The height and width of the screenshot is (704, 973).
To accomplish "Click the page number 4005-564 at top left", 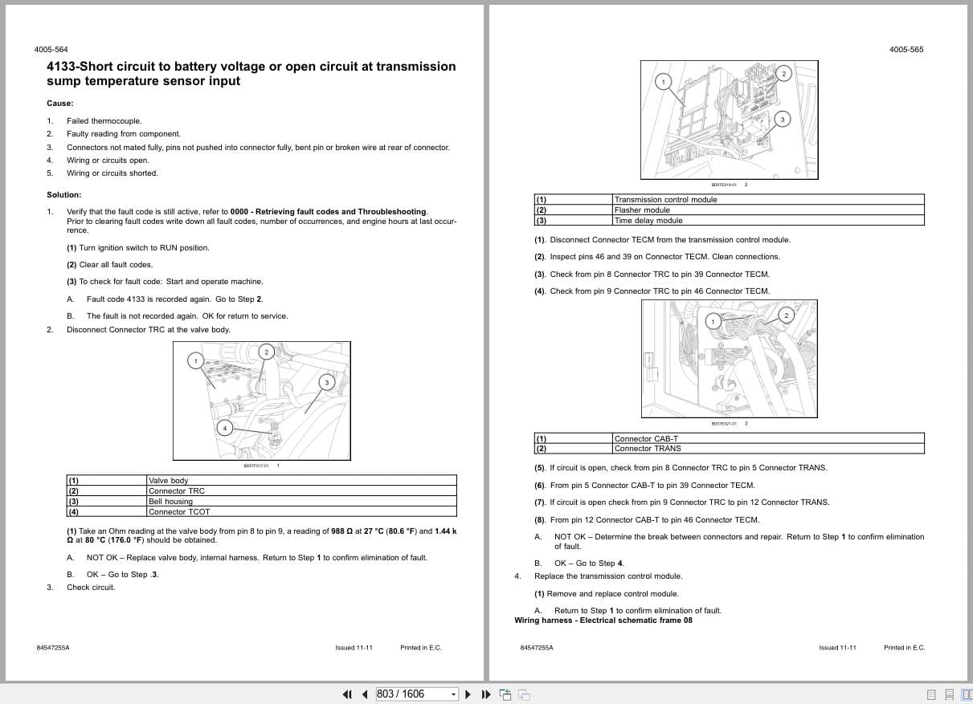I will pyautogui.click(x=51, y=50).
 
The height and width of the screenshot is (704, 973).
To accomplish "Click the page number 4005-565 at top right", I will pyautogui.click(x=906, y=50).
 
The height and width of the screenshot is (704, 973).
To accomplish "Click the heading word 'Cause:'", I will pyautogui.click(x=59, y=103).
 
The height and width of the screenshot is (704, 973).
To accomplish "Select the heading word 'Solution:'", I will pyautogui.click(x=63, y=195).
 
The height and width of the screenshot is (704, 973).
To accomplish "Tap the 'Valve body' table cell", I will pyautogui.click(x=168, y=480).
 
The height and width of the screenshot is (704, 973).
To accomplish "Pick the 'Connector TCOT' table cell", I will pyautogui.click(x=178, y=511).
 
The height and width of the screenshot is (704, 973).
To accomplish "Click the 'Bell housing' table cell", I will pyautogui.click(x=170, y=501).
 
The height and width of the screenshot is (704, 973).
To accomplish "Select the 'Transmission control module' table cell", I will pyautogui.click(x=664, y=199).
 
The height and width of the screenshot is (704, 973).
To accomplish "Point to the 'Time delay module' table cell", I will pyautogui.click(x=648, y=220).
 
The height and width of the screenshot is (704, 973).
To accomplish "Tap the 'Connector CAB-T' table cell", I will pyautogui.click(x=646, y=438).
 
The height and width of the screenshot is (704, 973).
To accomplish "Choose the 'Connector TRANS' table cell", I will pyautogui.click(x=647, y=448).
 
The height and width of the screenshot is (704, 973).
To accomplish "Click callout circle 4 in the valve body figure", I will pyautogui.click(x=224, y=428).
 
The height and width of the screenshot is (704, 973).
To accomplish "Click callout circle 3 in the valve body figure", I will pyautogui.click(x=326, y=382).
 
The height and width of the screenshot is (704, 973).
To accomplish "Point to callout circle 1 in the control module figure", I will pyautogui.click(x=663, y=81).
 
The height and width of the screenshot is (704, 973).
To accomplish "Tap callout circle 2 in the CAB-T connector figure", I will pyautogui.click(x=786, y=315).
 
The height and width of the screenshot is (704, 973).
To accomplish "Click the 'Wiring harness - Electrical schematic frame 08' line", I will pyautogui.click(x=603, y=620).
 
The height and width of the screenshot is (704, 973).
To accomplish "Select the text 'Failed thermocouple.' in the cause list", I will pyautogui.click(x=104, y=121).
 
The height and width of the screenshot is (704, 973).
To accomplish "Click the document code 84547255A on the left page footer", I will pyautogui.click(x=53, y=647).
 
